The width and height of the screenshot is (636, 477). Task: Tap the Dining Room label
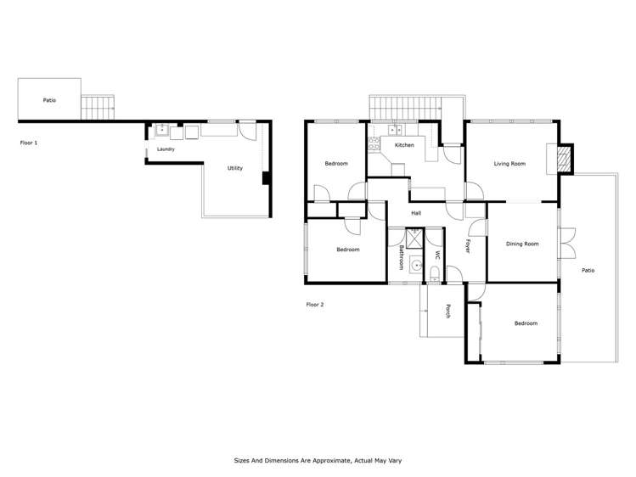[522, 244]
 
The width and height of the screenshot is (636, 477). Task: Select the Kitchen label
[404, 146]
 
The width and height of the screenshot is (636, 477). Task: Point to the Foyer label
[467, 247]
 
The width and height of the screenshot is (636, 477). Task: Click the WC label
[437, 255]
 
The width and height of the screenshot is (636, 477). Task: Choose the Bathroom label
[401, 257]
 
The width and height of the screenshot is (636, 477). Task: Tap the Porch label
[447, 311]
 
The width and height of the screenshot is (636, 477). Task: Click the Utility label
[234, 168]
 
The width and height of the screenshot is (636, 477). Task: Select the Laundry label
[166, 150]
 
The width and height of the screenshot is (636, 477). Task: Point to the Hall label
[416, 213]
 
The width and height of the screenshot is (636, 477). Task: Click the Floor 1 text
[29, 143]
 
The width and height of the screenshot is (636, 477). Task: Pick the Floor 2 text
[315, 304]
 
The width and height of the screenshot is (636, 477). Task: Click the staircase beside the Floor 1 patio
[98, 108]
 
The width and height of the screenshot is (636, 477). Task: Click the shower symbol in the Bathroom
[414, 238]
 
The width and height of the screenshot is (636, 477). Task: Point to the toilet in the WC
[436, 273]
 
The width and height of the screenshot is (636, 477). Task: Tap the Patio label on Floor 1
[49, 100]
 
